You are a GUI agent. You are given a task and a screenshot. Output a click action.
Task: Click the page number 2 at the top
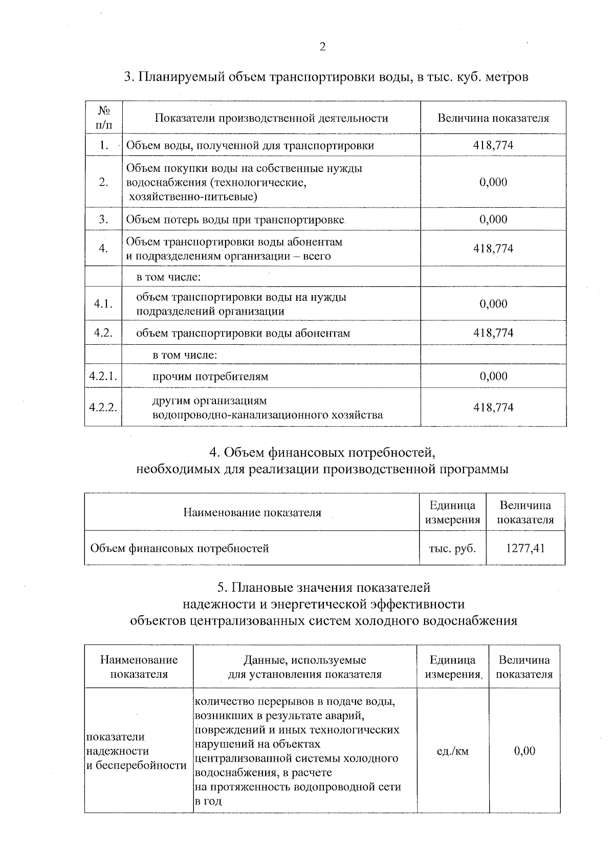322,48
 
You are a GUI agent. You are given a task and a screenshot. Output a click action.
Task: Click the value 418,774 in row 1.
493,145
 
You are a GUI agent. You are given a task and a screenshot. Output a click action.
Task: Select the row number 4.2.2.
103,408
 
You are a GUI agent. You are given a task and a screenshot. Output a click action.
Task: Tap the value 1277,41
525,548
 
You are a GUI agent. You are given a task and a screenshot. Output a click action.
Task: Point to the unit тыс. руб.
452,548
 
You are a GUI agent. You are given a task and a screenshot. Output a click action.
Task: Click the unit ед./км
452,751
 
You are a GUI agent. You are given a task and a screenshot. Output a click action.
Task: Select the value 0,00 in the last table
524,751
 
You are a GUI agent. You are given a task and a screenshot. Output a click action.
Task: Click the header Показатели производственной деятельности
271,118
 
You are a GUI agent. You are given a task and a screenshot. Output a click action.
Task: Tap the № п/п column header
104,118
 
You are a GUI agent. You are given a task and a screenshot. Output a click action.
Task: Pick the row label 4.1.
103,304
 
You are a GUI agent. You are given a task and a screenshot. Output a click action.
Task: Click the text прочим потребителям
210,377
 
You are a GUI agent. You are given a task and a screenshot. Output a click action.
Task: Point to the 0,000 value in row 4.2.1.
493,376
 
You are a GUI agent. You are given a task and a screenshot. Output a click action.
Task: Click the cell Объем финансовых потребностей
180,549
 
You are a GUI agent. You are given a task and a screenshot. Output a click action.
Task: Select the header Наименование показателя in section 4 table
252,513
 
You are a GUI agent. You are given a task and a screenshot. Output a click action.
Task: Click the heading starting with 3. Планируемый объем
326,77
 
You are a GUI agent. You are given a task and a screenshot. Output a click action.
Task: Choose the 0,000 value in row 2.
493,182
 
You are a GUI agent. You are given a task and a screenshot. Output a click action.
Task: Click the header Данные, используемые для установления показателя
304,667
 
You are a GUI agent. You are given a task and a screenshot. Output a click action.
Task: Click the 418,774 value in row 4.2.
493,333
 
